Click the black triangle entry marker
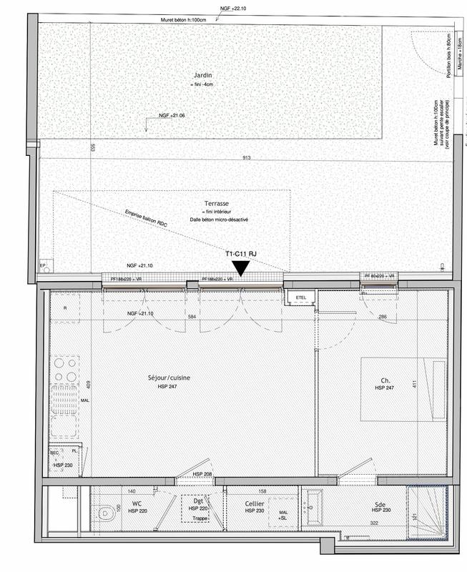pos(241,267)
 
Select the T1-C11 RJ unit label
pos(240,254)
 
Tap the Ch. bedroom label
pos(385,380)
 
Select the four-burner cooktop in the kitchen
pos(64,369)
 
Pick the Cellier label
pos(255,503)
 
